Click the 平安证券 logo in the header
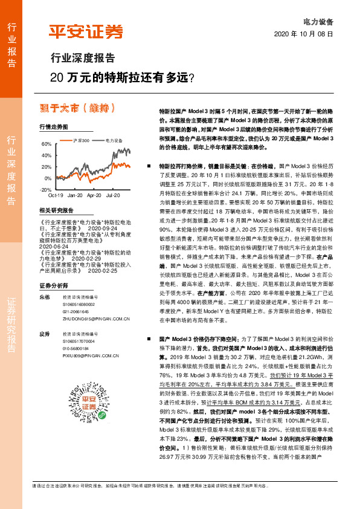[85, 31]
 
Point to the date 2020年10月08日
[304, 34]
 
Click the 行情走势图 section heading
[53, 127]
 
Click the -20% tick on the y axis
[46, 190]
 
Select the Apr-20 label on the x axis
[94, 196]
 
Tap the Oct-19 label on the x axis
[56, 196]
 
